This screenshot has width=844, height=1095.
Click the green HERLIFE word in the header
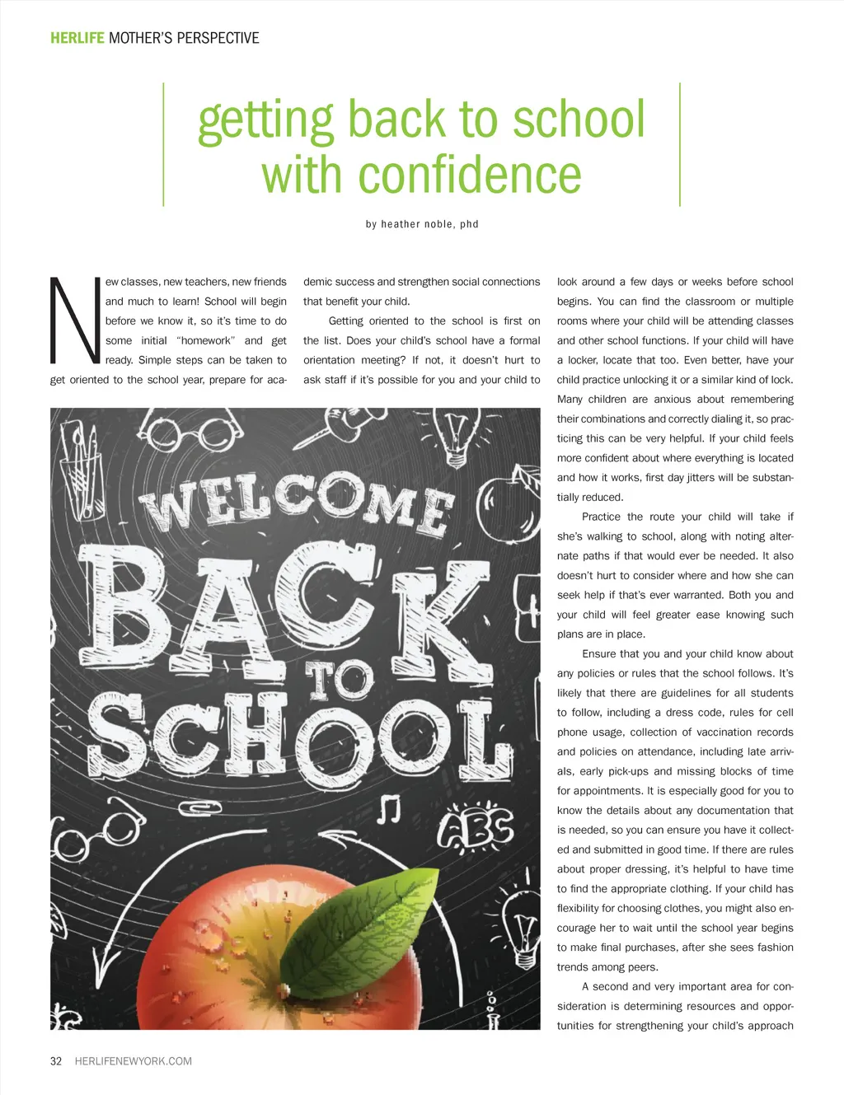77,38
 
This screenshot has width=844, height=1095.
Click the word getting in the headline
265,120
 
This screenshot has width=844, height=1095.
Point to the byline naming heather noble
422,224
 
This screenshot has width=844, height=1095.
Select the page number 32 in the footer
56,1061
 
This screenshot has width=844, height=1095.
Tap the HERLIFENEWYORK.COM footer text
133,1061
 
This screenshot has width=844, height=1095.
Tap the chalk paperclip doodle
195,809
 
